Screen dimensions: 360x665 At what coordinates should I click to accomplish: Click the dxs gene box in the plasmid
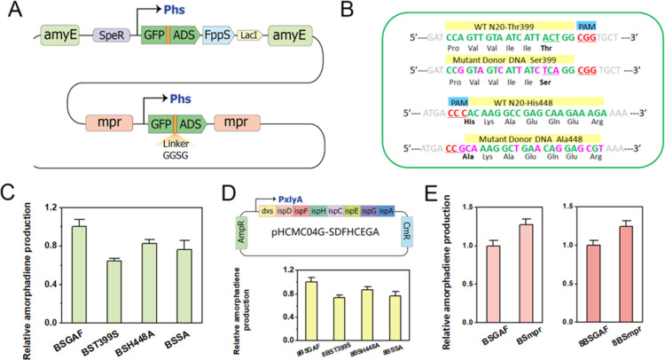(266, 210)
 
